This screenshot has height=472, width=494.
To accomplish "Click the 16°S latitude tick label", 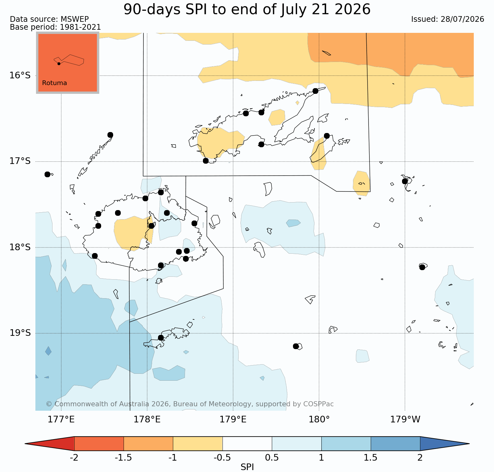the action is pos(20,76).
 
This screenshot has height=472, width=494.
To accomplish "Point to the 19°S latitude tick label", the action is pos(20,333).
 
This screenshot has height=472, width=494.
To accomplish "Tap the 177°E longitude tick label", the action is pos(61,420).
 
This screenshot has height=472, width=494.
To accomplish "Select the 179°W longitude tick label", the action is pos(405,420).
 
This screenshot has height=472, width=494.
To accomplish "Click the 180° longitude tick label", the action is pos(319,420).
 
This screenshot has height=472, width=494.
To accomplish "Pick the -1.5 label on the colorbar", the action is pos(123,457).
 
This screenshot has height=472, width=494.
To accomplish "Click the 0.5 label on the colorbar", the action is pos(272,457).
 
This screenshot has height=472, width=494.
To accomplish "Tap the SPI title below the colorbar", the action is pos(247,467).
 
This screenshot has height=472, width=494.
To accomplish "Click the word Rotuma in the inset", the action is pos(54,83).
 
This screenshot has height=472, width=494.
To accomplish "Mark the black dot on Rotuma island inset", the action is pos(59,64).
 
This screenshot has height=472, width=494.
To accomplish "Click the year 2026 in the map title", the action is pos(352,9).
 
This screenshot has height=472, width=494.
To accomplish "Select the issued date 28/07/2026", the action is pos(462,19).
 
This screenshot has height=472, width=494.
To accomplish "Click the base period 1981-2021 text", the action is pos(80,27).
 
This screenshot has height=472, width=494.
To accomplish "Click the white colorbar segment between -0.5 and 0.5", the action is pos(247,444).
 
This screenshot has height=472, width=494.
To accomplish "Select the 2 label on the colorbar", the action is pos(420,457).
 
